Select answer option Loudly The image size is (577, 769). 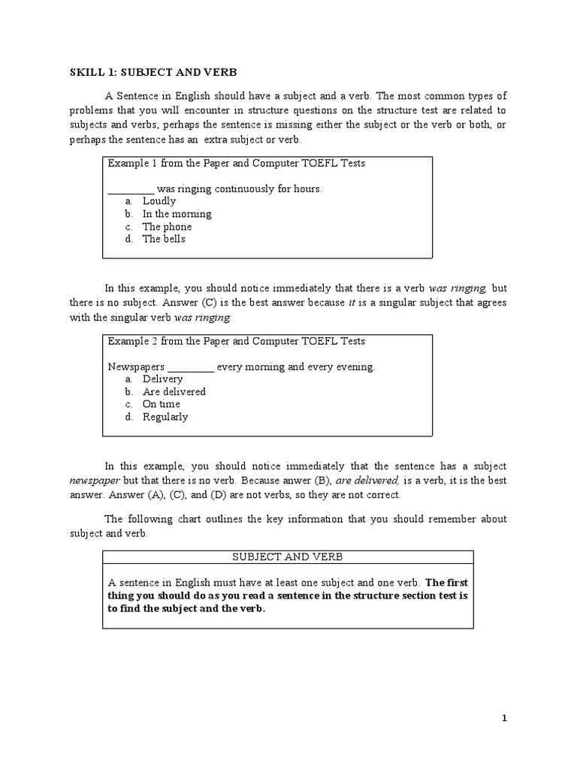click(159, 201)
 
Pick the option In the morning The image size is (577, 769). click(177, 214)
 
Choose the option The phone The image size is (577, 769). click(167, 227)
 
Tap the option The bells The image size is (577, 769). click(164, 240)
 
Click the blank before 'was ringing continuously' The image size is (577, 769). click(131, 189)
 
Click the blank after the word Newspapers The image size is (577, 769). click(191, 367)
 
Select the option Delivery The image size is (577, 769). click(162, 379)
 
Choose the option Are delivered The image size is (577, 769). click(174, 392)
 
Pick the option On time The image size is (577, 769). click(162, 404)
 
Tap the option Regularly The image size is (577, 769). click(165, 417)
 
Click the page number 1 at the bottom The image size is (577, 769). click(505, 719)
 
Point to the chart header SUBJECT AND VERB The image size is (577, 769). click(287, 556)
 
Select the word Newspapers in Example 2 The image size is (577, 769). click(135, 367)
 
